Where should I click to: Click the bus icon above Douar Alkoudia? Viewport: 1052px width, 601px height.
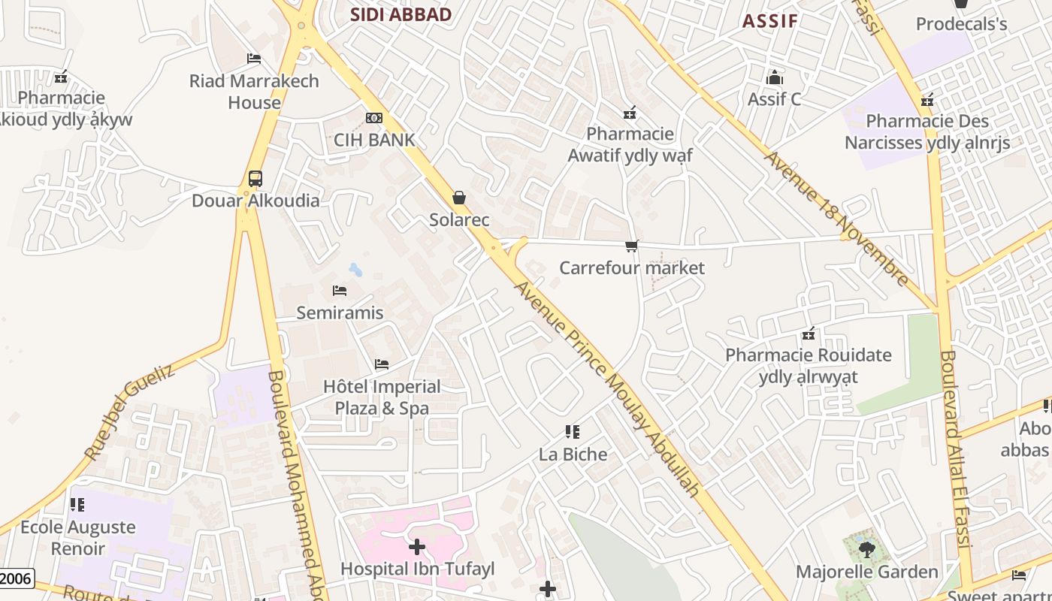(255, 179)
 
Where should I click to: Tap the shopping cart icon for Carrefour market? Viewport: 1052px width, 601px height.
(632, 246)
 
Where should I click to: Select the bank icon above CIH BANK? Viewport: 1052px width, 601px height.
(373, 118)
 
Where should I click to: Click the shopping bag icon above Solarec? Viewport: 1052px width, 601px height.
(459, 198)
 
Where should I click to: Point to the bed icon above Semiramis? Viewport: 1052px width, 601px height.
(340, 291)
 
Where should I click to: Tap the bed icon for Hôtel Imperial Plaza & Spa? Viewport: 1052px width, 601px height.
(382, 364)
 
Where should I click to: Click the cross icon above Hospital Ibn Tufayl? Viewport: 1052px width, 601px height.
(417, 547)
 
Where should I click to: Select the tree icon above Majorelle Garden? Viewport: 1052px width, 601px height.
(866, 550)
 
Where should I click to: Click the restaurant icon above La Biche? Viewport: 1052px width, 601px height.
(573, 432)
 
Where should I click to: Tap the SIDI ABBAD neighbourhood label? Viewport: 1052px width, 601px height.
(401, 14)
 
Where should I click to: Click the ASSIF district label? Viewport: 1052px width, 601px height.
(770, 20)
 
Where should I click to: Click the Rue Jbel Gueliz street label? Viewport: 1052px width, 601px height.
(129, 412)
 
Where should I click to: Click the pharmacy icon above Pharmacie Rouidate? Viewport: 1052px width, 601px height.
(809, 334)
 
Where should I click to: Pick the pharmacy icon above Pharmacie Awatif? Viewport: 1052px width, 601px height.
(630, 113)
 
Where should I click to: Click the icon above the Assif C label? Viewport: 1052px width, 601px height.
(774, 77)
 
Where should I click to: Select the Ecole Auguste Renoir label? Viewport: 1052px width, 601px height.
(78, 538)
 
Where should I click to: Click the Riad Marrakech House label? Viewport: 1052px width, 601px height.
(254, 92)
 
